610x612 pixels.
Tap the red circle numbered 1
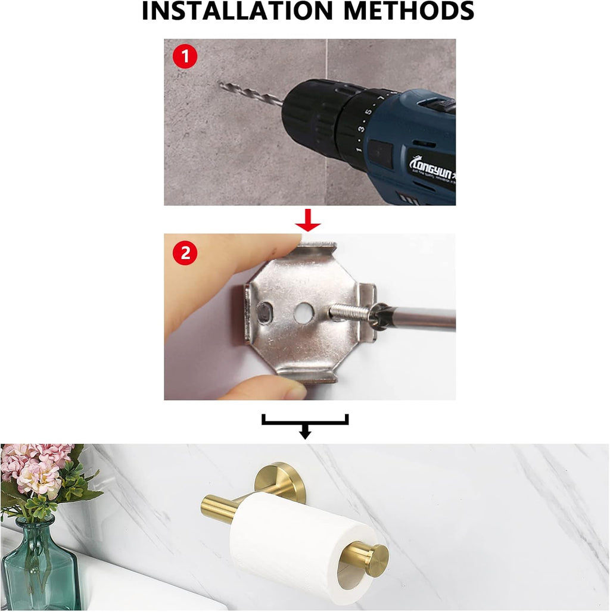tap(185, 58)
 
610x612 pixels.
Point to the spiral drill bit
tap(250, 95)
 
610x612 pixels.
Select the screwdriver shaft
tap(417, 318)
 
